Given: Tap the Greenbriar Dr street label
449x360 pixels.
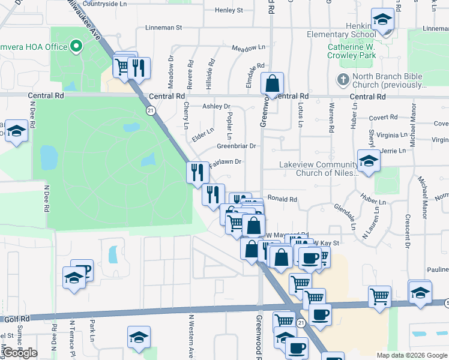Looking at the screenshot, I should click(237, 146).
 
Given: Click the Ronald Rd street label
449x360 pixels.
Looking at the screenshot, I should click(282, 199).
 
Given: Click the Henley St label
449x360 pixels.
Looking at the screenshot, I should click(229, 10).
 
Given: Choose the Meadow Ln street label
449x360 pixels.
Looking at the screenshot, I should click(248, 47).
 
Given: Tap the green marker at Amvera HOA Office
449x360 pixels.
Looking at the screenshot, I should click(76, 46).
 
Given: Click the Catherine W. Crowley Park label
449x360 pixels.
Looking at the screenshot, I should click(352, 51).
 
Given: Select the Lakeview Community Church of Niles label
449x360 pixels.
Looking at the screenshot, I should click(318, 169).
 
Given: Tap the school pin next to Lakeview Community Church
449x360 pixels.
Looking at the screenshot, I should click(369, 161).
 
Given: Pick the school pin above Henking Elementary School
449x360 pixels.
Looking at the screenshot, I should click(382, 20).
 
